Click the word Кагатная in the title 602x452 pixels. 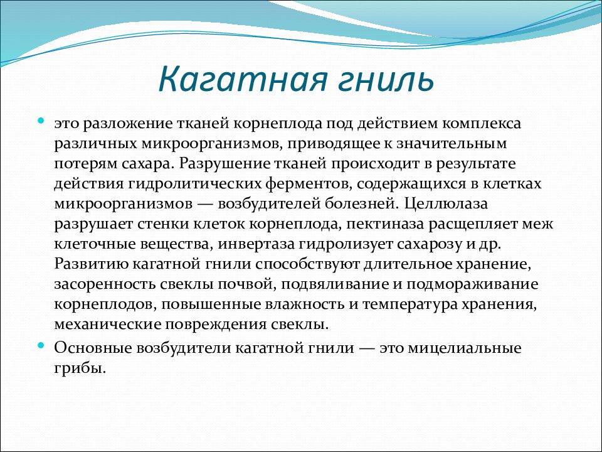coord(243,79)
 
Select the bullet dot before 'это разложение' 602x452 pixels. coord(41,121)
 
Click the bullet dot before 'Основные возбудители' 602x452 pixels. coord(41,345)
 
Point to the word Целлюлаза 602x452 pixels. coord(446,203)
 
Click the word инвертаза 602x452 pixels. coord(257,244)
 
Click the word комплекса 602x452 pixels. coord(482,124)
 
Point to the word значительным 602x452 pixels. coord(451,144)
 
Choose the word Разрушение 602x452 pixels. coord(224,164)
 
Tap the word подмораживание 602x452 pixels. coord(472,284)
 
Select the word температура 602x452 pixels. coord(409,304)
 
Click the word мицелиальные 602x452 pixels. coord(465,348)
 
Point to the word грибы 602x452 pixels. coord(80,369)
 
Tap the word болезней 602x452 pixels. coord(360,203)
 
